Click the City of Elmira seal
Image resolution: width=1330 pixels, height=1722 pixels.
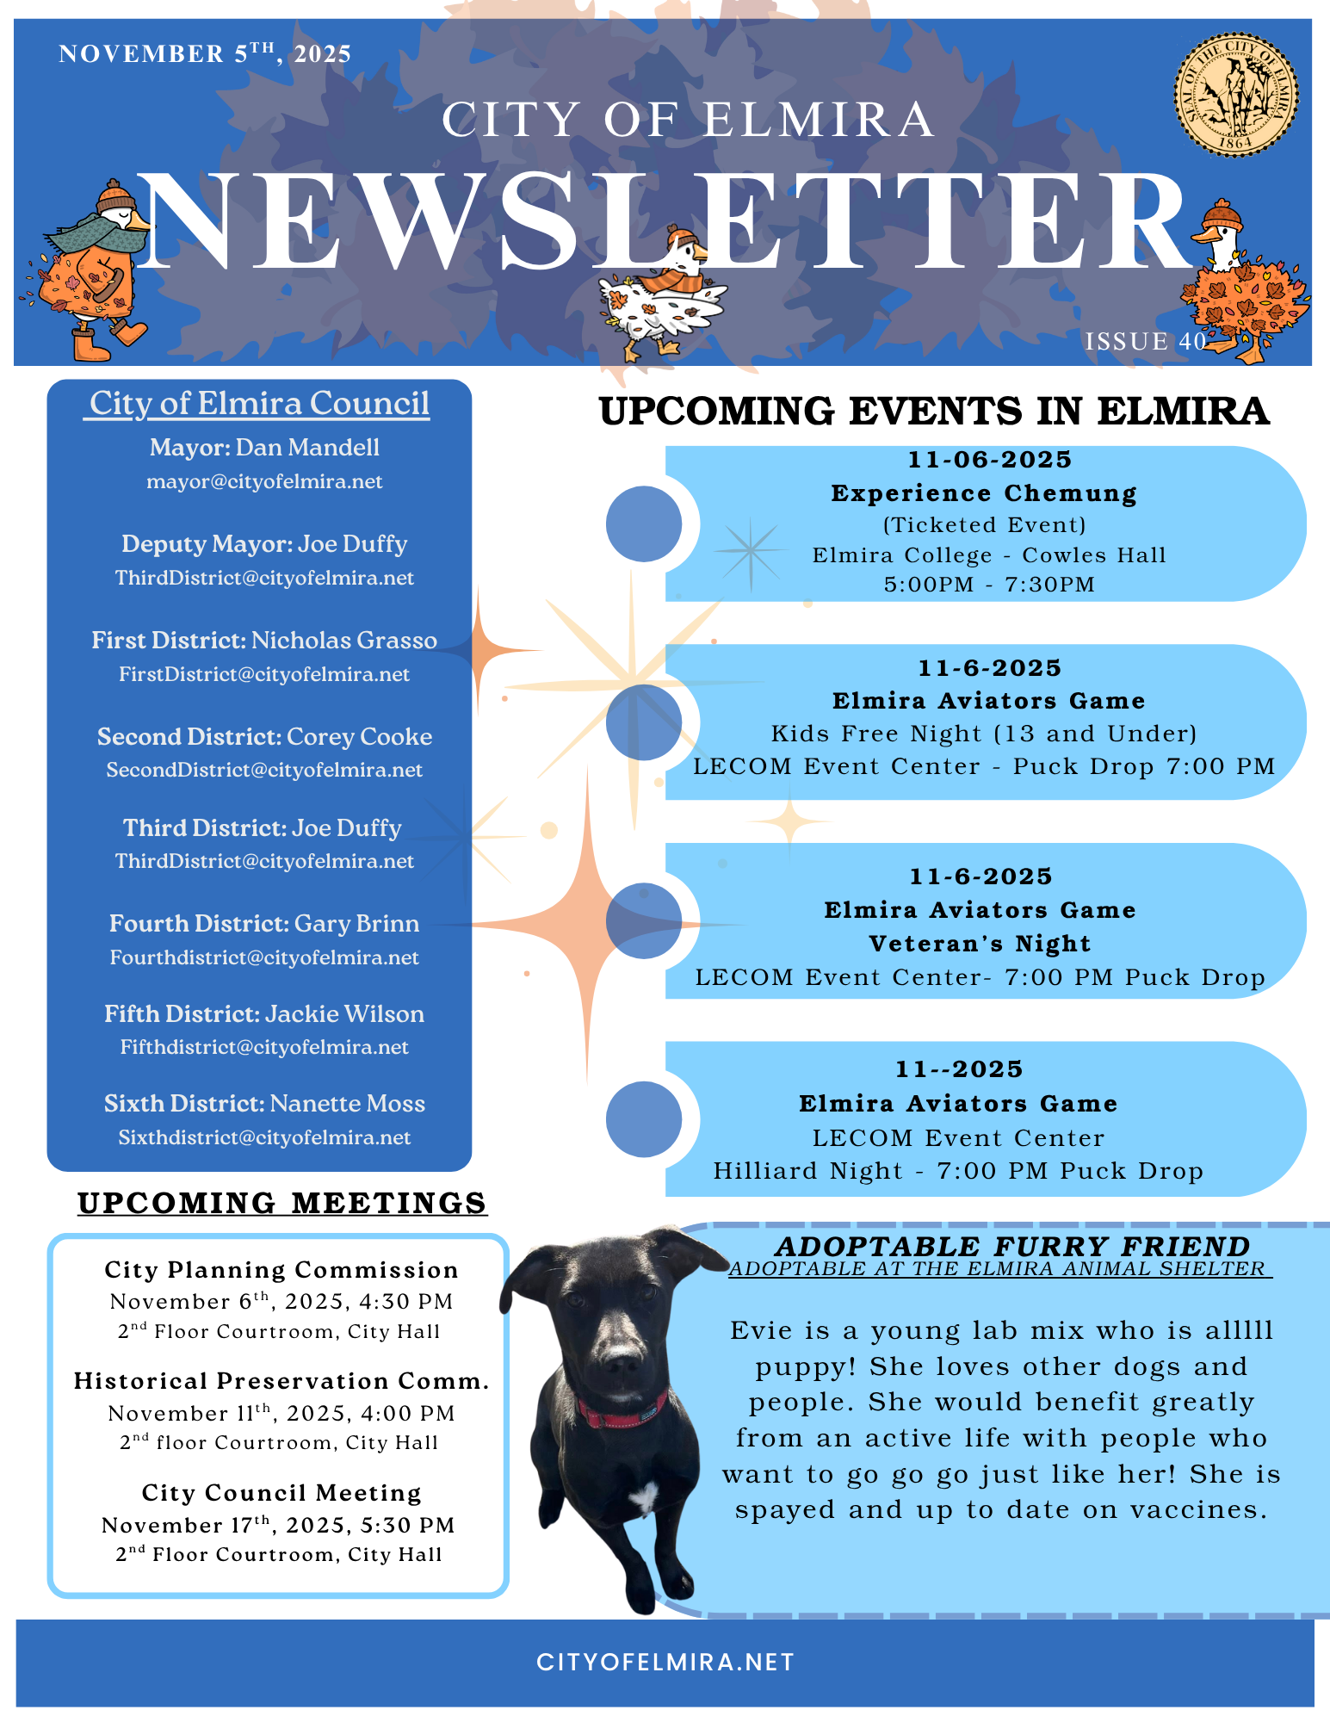tap(1236, 95)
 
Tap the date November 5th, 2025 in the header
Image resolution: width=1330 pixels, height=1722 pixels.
tap(205, 53)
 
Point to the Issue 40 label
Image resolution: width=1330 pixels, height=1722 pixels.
tap(1145, 342)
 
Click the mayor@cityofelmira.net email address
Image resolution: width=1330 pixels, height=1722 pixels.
tap(264, 481)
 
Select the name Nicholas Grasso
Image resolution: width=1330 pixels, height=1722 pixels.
tap(344, 641)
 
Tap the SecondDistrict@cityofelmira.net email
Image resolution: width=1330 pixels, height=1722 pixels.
tap(264, 770)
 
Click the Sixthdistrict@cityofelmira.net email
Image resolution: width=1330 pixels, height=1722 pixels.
tap(264, 1137)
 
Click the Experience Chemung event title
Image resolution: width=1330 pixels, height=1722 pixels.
tap(984, 493)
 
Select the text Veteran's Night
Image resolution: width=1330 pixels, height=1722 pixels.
tap(980, 944)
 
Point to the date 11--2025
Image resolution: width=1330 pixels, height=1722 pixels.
tap(959, 1069)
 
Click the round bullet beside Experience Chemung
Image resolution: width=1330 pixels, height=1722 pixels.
tap(644, 523)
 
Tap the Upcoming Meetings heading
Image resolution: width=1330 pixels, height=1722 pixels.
tap(282, 1203)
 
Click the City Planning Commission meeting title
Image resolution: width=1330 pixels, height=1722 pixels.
tap(281, 1270)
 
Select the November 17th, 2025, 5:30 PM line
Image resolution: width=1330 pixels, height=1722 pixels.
tap(278, 1525)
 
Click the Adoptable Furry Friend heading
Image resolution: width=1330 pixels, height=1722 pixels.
tap(1012, 1246)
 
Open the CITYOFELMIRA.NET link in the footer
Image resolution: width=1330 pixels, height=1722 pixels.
tap(665, 1663)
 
